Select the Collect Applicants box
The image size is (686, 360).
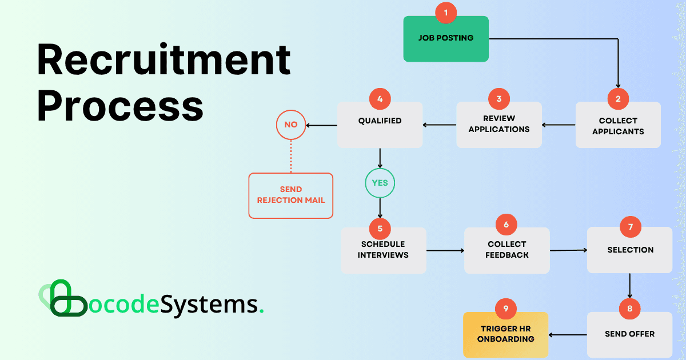click(x=618, y=126)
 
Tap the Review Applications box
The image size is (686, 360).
click(x=499, y=125)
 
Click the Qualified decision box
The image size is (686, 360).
click(x=380, y=125)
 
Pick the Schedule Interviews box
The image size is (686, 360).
click(x=383, y=250)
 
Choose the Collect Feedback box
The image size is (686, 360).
click(x=506, y=250)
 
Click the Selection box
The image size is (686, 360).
click(x=630, y=250)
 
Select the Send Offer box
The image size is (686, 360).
click(x=629, y=334)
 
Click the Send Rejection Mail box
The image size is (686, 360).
click(x=290, y=195)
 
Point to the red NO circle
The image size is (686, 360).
click(x=291, y=125)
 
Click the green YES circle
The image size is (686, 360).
click(x=380, y=183)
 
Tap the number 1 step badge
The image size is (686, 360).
click(x=446, y=12)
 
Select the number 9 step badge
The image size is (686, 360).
click(x=506, y=309)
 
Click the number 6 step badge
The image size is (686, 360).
click(x=506, y=225)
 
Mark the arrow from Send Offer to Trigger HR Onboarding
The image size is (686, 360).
click(x=568, y=335)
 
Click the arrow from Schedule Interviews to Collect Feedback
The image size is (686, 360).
click(x=445, y=250)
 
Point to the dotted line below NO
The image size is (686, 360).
click(x=291, y=155)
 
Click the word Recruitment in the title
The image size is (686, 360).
click(x=163, y=62)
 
